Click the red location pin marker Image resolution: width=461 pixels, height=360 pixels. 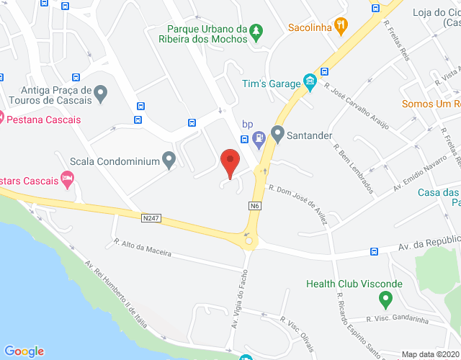[x=230, y=162]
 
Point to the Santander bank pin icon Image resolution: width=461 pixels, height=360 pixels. [x=278, y=134]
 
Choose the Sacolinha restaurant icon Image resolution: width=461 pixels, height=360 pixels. [x=341, y=26]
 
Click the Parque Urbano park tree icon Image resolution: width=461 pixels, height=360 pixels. [x=257, y=31]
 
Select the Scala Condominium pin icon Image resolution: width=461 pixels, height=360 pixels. [x=169, y=160]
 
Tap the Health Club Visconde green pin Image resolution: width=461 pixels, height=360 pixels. [x=385, y=298]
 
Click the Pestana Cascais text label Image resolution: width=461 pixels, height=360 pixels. [x=45, y=120]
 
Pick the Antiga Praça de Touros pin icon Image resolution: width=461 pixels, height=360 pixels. [x=101, y=93]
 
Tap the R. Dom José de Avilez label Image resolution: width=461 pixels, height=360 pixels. [x=298, y=204]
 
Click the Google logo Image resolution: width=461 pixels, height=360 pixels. [x=24, y=351]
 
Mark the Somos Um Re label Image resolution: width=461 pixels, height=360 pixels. [x=430, y=104]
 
